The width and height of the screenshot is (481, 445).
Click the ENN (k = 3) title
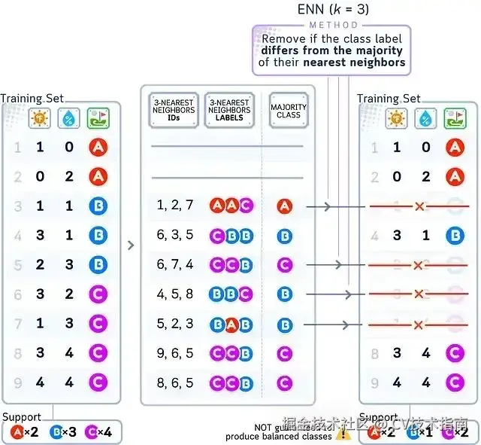[x=334, y=10]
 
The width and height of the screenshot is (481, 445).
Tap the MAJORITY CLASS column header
[x=289, y=111]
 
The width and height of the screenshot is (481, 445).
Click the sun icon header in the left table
[x=40, y=118]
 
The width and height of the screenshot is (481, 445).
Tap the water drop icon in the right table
[x=425, y=117]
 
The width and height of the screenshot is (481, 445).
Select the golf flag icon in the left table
[x=98, y=118]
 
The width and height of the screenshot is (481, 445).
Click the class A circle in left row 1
[x=98, y=147]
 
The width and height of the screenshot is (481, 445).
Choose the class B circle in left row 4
[x=98, y=236]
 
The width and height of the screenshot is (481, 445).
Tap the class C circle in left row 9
[x=98, y=383]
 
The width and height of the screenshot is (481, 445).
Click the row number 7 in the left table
[x=17, y=324]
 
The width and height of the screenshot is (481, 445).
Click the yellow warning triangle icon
[x=343, y=433]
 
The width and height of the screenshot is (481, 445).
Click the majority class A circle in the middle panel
[x=284, y=206]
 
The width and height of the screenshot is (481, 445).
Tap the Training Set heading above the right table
[x=389, y=99]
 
